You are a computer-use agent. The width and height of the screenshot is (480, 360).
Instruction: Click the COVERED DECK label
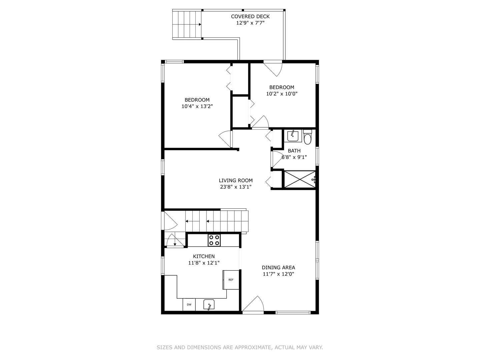point(250,16)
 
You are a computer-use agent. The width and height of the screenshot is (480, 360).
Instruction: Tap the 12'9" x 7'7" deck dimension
point(250,23)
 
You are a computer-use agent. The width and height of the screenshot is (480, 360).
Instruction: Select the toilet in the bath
point(307,138)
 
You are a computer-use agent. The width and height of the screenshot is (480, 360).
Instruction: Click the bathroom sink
point(293,136)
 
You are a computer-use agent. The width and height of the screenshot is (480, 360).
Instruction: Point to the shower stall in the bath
point(299,179)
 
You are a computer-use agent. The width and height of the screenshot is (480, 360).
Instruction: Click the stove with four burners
point(214,240)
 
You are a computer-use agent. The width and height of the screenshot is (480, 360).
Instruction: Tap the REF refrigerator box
point(231,280)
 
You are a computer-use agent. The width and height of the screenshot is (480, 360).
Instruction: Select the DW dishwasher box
point(189,305)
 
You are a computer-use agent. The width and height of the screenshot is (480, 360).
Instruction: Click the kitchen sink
point(209,305)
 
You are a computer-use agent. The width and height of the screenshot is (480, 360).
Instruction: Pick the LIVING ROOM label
point(236,180)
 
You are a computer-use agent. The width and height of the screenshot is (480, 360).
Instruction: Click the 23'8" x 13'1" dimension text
point(236,187)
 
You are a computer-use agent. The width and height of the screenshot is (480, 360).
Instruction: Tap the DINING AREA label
point(278,267)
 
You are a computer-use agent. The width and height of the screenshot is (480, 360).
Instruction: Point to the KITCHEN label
point(204,256)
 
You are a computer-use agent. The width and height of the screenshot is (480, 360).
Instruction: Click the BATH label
point(294,151)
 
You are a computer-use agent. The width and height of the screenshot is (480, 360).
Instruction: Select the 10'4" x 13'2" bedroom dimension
point(197,106)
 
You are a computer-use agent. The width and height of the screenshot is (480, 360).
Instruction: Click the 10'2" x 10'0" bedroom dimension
point(282,94)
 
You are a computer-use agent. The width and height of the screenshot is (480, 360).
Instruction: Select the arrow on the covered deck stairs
point(199,24)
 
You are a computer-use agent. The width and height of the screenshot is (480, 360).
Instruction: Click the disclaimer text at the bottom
point(240,347)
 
